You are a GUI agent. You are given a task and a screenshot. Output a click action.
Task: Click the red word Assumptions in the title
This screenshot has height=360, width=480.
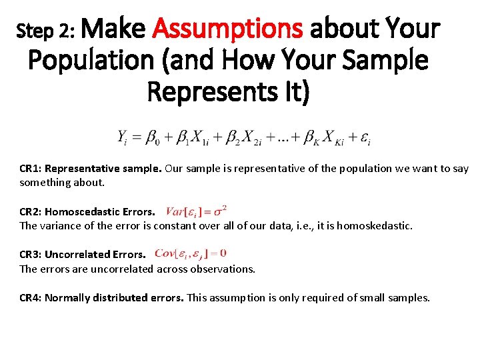pos(228,29)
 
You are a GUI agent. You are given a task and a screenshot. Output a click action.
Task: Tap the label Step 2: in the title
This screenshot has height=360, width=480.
pos(49,31)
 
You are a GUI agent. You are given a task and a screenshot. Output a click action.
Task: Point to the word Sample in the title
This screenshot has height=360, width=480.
pos(383,61)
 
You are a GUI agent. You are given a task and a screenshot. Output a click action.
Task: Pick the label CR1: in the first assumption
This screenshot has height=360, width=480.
pos(31,168)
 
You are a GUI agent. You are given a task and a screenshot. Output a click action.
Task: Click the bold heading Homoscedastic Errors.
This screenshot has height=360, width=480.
pos(99,211)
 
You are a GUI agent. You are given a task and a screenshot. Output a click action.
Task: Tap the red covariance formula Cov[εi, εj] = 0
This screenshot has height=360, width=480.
pos(190,253)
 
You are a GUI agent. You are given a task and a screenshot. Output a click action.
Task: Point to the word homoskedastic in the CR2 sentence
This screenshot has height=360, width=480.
pos(374,226)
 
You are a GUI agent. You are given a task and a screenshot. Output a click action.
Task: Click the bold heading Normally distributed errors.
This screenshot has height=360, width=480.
pos(114,297)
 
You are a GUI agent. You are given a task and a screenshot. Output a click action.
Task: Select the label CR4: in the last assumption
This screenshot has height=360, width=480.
pos(31,297)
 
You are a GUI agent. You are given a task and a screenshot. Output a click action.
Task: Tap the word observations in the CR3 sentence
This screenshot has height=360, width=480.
pos(224,269)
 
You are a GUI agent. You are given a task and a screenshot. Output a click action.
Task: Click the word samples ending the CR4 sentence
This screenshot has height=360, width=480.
pos(410,297)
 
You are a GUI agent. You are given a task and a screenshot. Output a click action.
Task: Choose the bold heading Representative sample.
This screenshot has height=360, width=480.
pos(103,168)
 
